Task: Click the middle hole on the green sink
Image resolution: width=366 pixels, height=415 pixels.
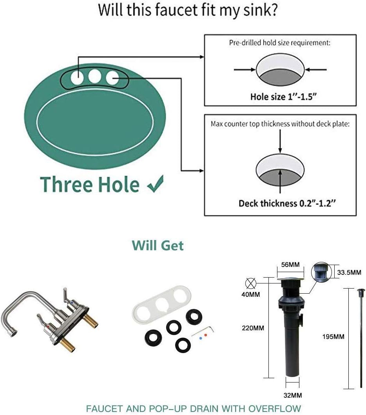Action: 94,76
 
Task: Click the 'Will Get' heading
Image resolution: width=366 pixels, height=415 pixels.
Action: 158,245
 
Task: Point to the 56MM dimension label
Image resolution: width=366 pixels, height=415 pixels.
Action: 290,265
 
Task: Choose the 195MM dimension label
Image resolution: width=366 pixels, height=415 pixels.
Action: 333,336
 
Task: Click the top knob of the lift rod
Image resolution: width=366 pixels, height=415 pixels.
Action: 361,291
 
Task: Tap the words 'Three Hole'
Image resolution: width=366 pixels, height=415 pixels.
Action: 90,184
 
